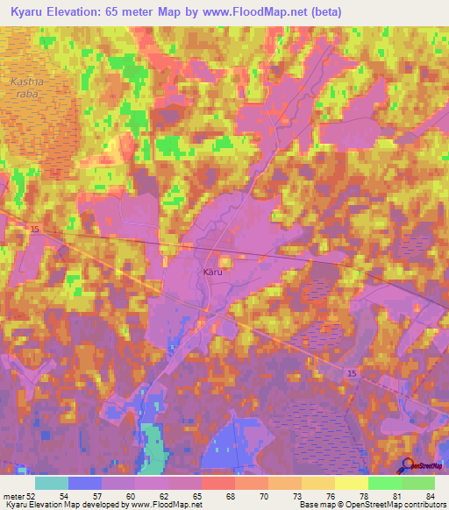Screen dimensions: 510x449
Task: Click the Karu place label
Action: tap(213, 272)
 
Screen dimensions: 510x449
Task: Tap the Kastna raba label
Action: tap(25, 88)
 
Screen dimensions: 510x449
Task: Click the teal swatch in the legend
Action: tap(52, 483)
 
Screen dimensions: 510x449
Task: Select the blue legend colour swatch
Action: tap(85, 483)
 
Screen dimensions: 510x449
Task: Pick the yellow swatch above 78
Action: tap(351, 483)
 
